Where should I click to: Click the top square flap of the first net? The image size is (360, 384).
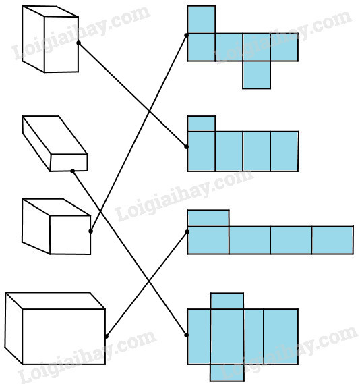202,20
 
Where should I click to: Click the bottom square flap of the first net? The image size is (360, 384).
257,75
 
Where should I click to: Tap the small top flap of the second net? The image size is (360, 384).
202,124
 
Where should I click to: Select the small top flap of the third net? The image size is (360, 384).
208,218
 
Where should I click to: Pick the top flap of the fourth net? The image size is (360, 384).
227,301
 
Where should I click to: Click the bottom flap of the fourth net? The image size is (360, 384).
227,373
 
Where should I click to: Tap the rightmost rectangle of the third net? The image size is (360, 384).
332,240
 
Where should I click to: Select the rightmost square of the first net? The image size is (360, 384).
284,47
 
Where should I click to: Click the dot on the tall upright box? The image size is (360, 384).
78,43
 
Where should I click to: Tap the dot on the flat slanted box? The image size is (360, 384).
72,171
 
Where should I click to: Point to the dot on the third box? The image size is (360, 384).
90,231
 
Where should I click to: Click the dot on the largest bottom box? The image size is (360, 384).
106,337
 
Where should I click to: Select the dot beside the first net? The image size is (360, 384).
186,36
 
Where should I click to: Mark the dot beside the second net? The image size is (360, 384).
186,147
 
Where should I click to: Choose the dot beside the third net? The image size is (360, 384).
187,232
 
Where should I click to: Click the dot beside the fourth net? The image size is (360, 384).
186,335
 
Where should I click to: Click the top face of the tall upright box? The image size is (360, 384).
50,11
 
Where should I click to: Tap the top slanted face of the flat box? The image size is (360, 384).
55,135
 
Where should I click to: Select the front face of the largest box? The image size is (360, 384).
64,337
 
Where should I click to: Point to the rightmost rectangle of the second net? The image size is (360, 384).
284,151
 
